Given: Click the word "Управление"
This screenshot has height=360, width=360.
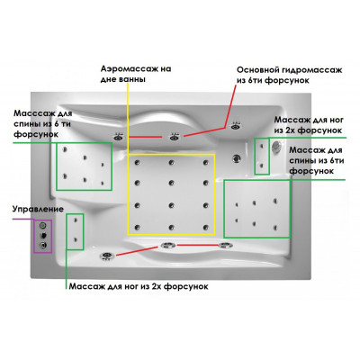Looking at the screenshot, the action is tap(38, 209).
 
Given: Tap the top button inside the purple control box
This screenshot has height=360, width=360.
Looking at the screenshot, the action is tap(43, 225).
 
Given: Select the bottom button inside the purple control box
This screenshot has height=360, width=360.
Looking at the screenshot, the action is tap(43, 246).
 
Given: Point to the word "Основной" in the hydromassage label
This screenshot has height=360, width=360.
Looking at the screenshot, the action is tap(257, 70).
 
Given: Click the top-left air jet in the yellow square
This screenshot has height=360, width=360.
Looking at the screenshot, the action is tap(138, 163).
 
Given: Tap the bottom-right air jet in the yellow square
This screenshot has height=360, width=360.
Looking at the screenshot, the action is tap(205, 228).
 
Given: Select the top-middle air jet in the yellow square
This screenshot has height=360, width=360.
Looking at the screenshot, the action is tap(171, 163).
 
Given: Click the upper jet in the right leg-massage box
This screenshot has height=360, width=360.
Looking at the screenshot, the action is tap(262, 146).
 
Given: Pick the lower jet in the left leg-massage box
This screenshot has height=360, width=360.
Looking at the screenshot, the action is tap(75, 239).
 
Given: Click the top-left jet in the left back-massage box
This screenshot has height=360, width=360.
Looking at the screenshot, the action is tap(65, 149).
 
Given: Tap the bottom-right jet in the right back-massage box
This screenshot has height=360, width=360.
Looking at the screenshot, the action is tap(275, 228).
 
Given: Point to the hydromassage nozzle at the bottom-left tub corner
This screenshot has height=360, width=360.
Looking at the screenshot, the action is tap(106, 256).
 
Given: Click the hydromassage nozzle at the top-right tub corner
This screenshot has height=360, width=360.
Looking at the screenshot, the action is tap(235, 126).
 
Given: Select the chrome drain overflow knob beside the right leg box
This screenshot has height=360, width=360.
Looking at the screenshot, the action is tap(275, 146).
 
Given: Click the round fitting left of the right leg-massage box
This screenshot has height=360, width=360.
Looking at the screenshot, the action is tap(237, 158).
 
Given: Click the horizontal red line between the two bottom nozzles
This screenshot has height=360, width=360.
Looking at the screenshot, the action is tap(198, 245).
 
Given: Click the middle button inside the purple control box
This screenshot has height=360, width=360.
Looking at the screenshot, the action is tap(44, 235).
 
